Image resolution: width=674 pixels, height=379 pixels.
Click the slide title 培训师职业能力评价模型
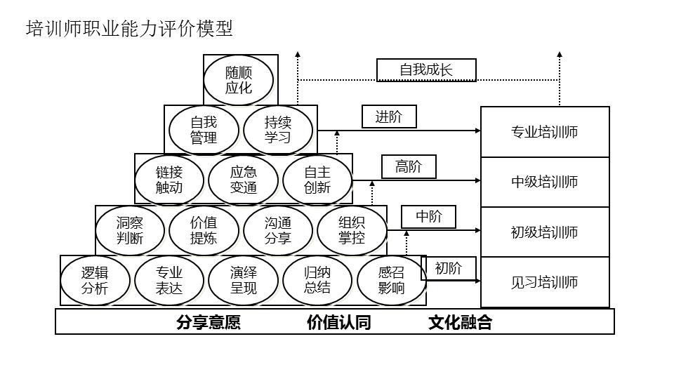coord(129,29)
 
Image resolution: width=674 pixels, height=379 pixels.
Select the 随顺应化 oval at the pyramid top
coord(239,80)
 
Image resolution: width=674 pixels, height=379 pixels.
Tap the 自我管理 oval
coord(204,130)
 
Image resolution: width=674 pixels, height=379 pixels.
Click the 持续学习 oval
coord(278,130)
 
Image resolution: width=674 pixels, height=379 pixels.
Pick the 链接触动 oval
coord(169,180)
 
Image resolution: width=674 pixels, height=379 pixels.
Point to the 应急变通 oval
coord(244,180)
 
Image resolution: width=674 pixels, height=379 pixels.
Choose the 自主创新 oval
coord(317,180)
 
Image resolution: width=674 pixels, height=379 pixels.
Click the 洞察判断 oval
coord(130,230)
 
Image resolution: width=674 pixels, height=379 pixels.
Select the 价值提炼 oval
coord(204,230)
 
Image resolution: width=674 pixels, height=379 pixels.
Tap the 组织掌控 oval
coord(352,230)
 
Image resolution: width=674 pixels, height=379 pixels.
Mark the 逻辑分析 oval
coord(95,280)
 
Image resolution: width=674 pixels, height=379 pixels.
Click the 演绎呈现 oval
coord(244,280)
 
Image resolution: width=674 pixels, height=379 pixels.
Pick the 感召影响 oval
coord(391,280)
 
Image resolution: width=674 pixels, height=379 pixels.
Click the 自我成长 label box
coord(426,69)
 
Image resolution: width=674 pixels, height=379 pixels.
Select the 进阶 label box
coord(389,117)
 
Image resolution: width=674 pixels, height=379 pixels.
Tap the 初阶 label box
coord(449,268)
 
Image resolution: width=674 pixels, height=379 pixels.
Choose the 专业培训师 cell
coord(545,132)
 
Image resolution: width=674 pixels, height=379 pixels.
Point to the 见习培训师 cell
coord(545,282)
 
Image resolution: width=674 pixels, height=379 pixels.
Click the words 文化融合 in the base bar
coord(461,322)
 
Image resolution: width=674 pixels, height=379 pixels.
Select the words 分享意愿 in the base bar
coord(209,322)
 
